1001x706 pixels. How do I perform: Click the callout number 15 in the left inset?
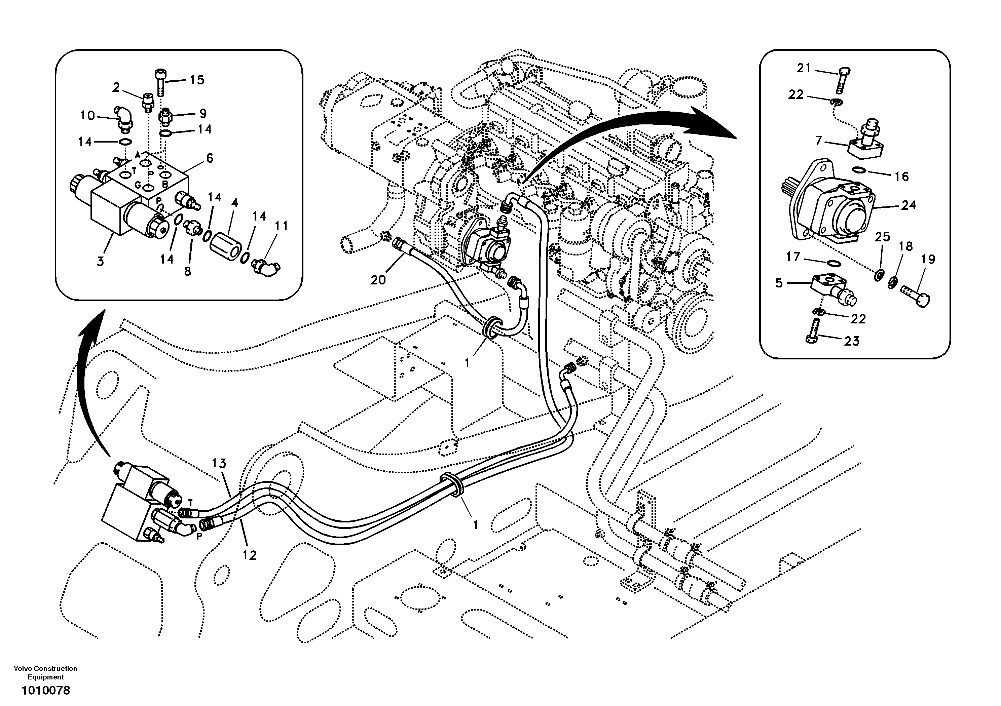point(197,80)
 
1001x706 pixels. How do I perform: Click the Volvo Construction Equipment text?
point(45,672)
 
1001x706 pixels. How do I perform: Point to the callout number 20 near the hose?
point(378,280)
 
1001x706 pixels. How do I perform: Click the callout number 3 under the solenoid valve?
point(100,262)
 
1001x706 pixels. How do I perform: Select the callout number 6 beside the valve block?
point(209,159)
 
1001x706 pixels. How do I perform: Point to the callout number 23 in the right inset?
point(851,341)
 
